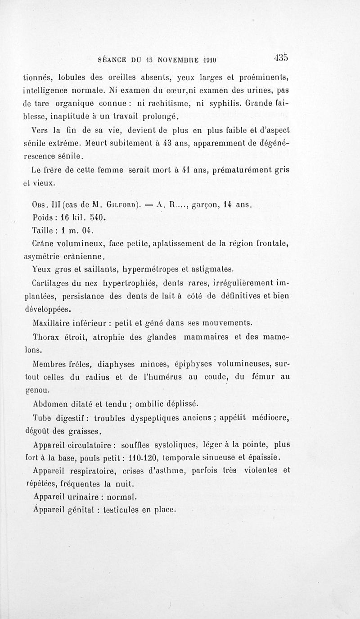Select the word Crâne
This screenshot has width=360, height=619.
[45, 244]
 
